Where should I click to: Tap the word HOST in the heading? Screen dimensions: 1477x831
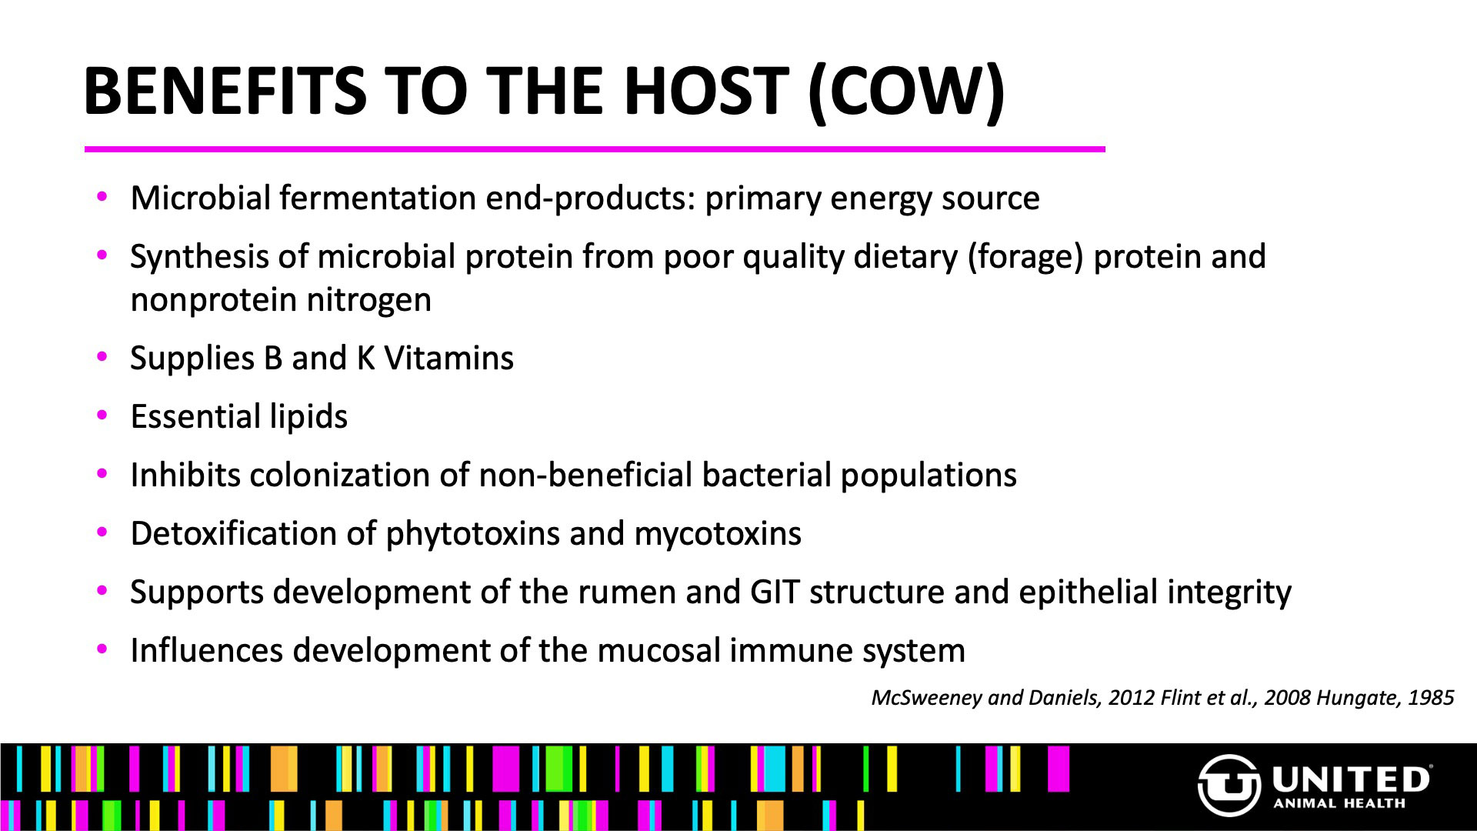click(x=705, y=91)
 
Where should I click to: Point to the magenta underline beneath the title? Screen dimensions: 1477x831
click(x=595, y=149)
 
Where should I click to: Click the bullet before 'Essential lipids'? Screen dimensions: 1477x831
click(x=102, y=415)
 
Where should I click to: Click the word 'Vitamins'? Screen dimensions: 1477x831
click(x=448, y=358)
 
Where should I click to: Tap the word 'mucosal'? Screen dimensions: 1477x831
click(x=658, y=651)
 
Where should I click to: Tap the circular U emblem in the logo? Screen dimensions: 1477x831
click(x=1229, y=786)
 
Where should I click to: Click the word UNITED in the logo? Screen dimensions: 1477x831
click(x=1351, y=779)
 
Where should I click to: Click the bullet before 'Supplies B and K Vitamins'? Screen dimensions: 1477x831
click(x=102, y=357)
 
